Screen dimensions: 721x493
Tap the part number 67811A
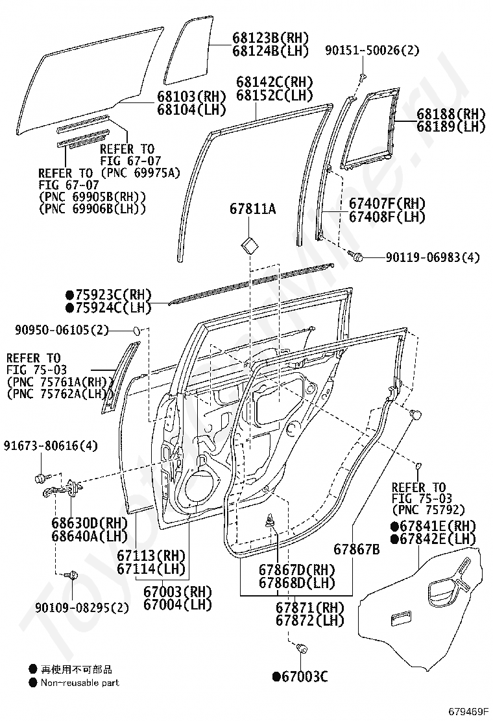pyautogui.click(x=253, y=209)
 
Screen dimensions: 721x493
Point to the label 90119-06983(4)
pyautogui.click(x=433, y=257)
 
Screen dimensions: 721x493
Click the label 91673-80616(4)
pyautogui.click(x=51, y=445)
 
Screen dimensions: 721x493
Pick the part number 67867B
pyautogui.click(x=357, y=550)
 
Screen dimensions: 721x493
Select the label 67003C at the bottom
pyautogui.click(x=300, y=677)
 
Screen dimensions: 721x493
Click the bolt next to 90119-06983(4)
pyautogui.click(x=355, y=257)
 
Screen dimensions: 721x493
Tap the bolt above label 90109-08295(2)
pyautogui.click(x=73, y=574)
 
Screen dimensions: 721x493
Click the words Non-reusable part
pyautogui.click(x=80, y=683)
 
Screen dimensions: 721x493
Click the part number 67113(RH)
pyautogui.click(x=151, y=556)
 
